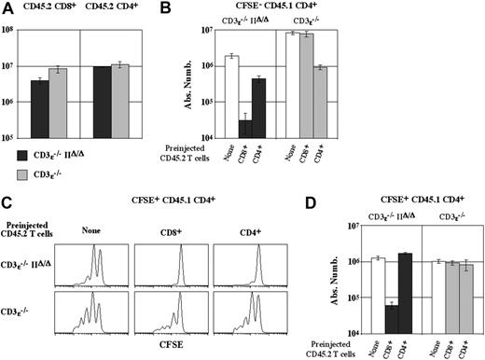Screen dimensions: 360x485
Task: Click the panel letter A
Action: point(7,8)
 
